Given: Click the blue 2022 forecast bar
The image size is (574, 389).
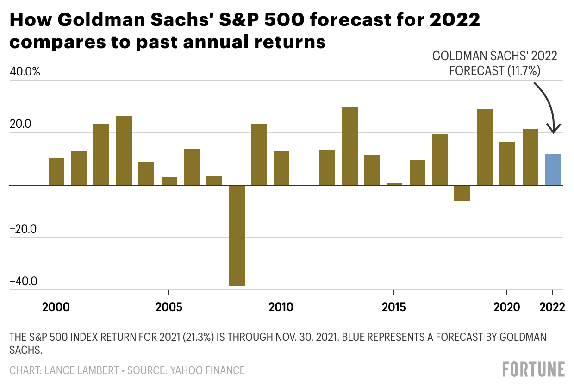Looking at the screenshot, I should [553, 169].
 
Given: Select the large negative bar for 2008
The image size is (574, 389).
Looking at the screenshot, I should [237, 235].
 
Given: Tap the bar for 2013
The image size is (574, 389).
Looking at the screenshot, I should [350, 146].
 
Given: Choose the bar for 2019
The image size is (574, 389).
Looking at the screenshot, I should [485, 147].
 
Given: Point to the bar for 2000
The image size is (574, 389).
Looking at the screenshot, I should [56, 171].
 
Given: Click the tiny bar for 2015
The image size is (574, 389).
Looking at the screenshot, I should [394, 184].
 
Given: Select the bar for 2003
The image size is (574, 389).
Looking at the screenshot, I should [124, 150].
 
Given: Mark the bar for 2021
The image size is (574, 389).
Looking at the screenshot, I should [530, 157].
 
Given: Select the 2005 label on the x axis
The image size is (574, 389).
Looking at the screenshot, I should [169, 307].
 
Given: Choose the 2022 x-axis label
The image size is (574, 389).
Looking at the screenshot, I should [552, 307].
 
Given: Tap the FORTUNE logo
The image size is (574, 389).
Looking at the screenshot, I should [533, 369].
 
